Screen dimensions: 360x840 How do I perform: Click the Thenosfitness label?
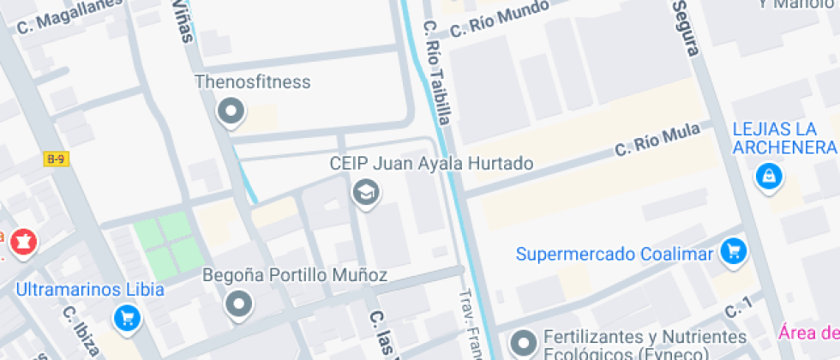click(x=252, y=82)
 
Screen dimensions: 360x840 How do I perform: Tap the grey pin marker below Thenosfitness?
click(x=231, y=111)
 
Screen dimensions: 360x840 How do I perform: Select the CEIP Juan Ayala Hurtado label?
click(x=431, y=163)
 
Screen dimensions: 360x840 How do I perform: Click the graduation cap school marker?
click(x=367, y=192)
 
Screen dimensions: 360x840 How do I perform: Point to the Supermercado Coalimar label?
click(x=614, y=255)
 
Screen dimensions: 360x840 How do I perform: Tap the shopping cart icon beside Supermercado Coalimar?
click(x=733, y=251)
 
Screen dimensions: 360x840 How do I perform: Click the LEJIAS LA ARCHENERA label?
click(x=783, y=140)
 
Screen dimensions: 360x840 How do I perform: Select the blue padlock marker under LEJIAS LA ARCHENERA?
click(x=768, y=177)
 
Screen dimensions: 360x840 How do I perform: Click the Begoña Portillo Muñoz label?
click(x=295, y=275)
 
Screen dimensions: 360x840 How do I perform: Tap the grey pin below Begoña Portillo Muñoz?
click(x=238, y=304)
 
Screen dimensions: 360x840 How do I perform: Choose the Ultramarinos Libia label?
click(x=90, y=289)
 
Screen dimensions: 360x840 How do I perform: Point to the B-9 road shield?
click(x=57, y=159)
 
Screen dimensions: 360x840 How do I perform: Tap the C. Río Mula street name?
click(x=657, y=140)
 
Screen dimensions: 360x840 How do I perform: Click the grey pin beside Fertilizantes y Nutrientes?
click(x=522, y=343)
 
